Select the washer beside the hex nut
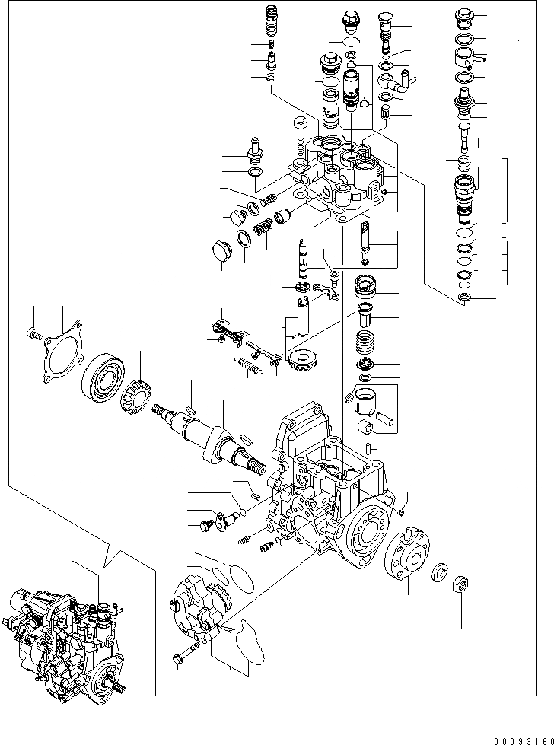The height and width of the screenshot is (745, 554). coord(440,572)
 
